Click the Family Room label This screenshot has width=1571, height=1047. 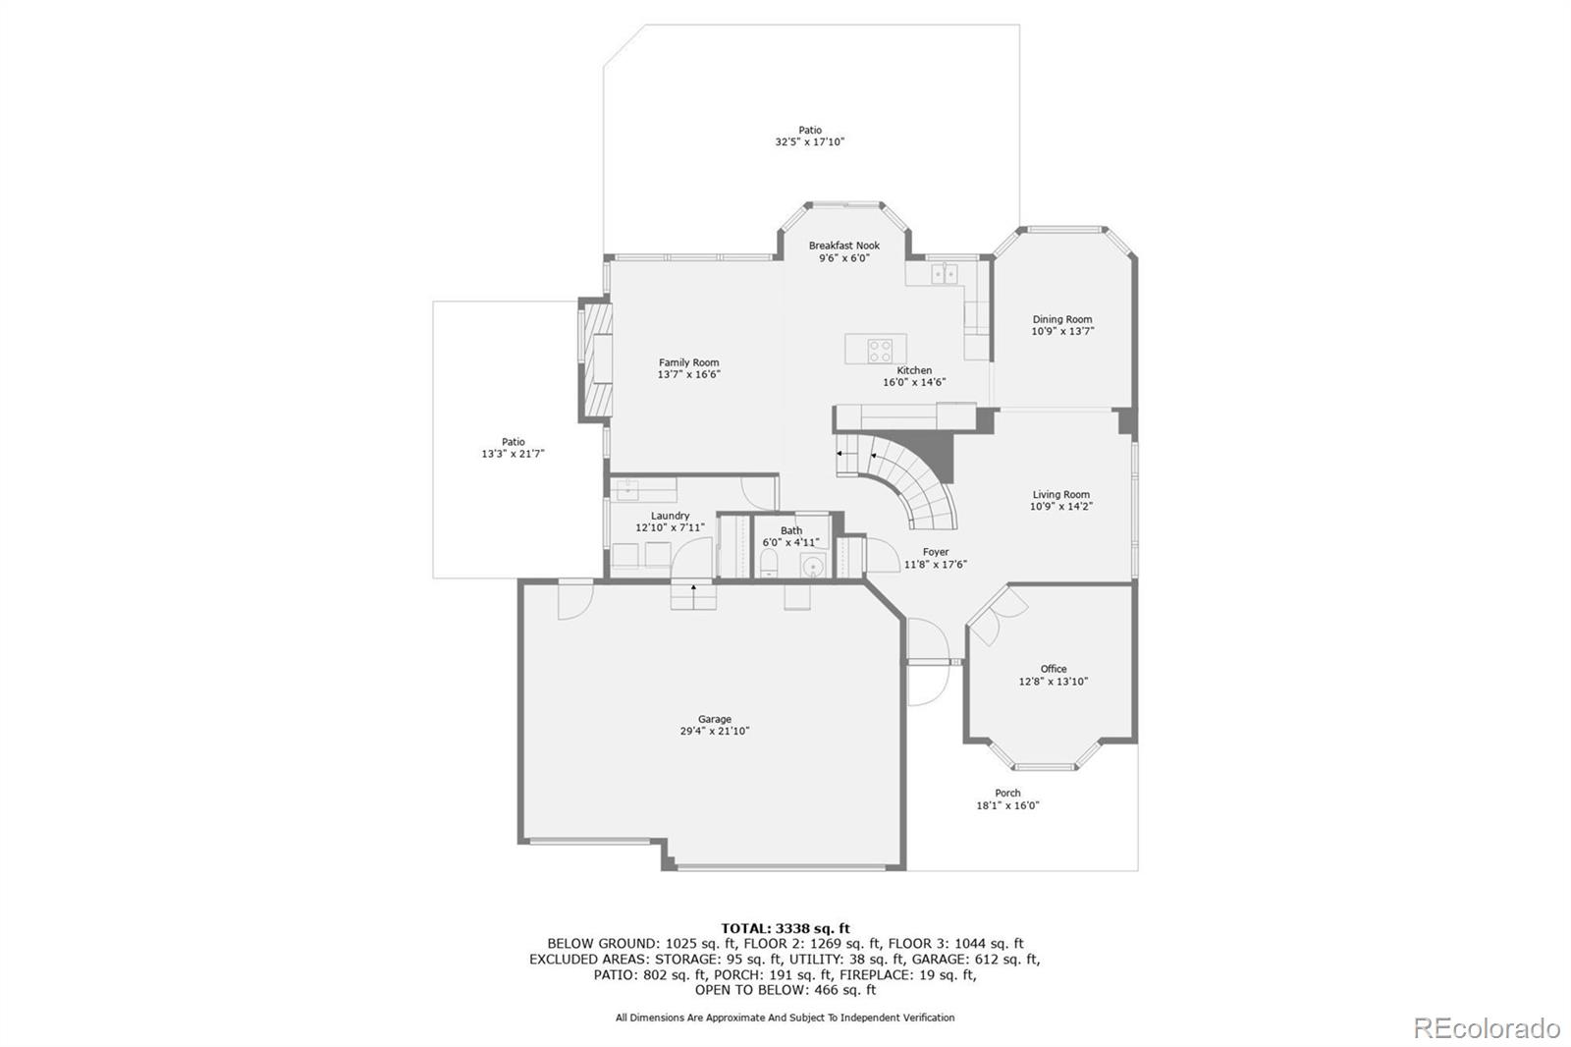click(x=688, y=362)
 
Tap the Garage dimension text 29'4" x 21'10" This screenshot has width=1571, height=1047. click(x=715, y=732)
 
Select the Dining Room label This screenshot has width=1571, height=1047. click(x=1062, y=319)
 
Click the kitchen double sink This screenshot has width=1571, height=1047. click(x=945, y=273)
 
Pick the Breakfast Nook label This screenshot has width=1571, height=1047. click(x=844, y=246)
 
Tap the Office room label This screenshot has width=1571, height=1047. click(x=1054, y=669)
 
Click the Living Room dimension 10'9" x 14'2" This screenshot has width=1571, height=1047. click(x=1061, y=507)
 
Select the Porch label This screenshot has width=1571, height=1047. click(x=1007, y=793)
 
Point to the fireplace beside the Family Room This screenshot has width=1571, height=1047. click(x=596, y=359)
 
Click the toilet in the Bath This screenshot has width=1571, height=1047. click(x=770, y=563)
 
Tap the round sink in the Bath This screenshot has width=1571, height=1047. click(x=813, y=566)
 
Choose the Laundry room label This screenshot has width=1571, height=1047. click(x=670, y=516)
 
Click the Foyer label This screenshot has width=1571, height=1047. click(x=936, y=552)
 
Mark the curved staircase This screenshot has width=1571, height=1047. click(x=913, y=481)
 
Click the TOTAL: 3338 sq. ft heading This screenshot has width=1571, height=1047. click(x=785, y=928)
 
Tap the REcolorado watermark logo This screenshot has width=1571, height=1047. click(x=1487, y=1028)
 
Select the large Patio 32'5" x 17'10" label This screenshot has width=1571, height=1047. click(x=810, y=136)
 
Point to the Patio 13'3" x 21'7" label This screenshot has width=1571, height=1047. click(x=513, y=448)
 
